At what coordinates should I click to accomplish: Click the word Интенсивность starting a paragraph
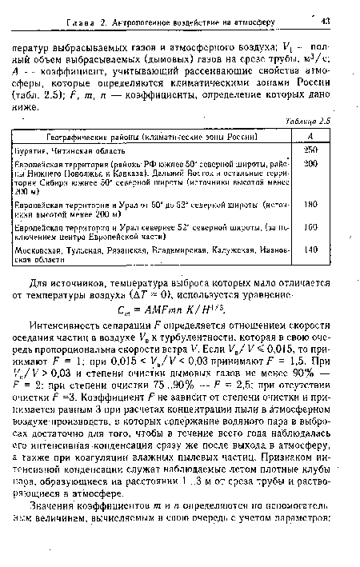[x=85, y=321]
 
